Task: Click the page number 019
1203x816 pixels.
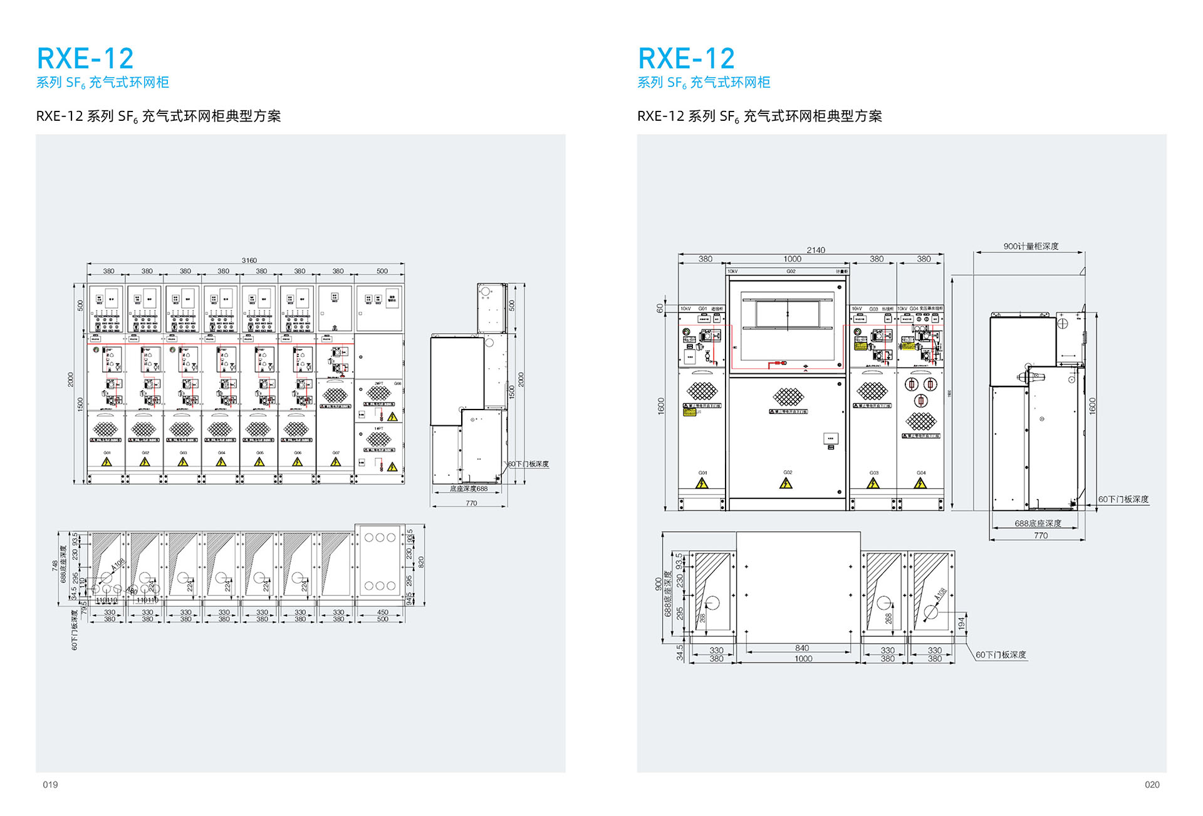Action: coord(50,785)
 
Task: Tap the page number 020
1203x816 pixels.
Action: coord(1152,785)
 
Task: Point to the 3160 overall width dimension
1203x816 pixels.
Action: coord(249,261)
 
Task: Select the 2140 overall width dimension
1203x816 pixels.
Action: coord(816,250)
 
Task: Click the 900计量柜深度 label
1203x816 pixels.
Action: coord(1031,246)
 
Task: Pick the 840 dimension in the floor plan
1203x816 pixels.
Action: coord(802,648)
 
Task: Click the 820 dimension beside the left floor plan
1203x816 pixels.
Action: coord(421,562)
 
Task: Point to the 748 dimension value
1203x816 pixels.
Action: coord(55,566)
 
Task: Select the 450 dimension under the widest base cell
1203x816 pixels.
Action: coord(382,612)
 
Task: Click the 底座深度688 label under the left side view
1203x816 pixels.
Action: coord(469,488)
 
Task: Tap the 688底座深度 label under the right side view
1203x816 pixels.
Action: coord(1038,524)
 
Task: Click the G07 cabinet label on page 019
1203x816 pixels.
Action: coord(336,453)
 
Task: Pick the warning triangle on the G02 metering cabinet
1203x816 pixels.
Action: coord(786,483)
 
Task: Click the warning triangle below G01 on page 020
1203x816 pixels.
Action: coord(702,483)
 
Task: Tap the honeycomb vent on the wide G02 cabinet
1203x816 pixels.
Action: coord(788,396)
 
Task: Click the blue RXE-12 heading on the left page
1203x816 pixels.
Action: coord(85,59)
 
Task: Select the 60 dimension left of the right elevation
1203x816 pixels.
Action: coord(660,308)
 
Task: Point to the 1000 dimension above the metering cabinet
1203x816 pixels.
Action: coord(792,259)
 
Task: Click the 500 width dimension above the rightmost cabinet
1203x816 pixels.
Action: coord(382,271)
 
